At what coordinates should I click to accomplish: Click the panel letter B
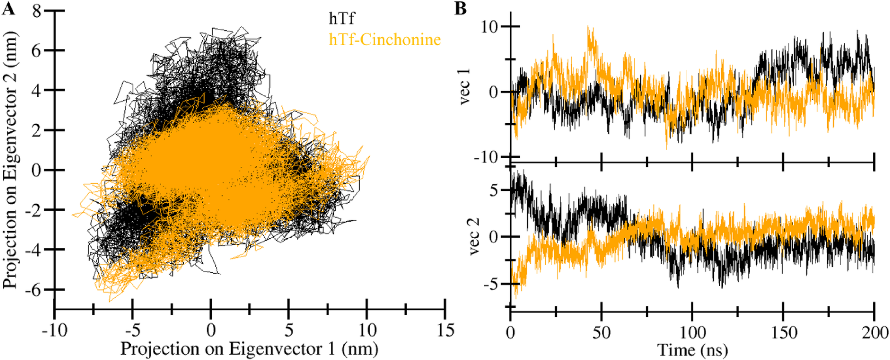[460, 9]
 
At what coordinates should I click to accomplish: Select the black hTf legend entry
[341, 18]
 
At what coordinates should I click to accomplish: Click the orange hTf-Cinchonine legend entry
[385, 39]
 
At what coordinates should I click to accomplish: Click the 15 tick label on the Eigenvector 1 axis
[445, 330]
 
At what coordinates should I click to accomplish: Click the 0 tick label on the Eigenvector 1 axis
[211, 330]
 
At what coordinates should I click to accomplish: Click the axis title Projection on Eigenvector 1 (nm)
[249, 348]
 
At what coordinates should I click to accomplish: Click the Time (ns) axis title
[692, 350]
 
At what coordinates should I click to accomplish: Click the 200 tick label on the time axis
[875, 332]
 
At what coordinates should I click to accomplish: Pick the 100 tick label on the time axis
[692, 332]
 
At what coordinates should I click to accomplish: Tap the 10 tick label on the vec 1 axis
[490, 27]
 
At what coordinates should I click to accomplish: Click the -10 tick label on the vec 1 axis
[487, 157]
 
